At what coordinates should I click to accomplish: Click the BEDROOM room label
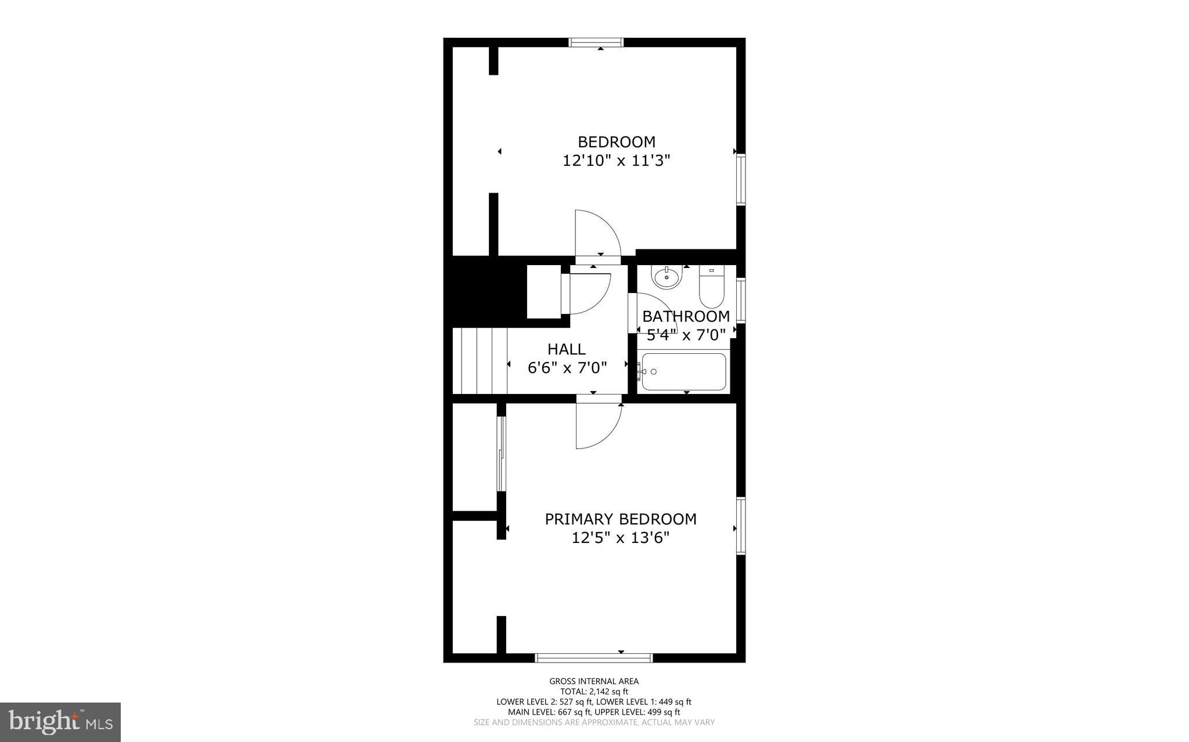pos(616,142)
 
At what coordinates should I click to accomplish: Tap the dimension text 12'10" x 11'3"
pos(616,161)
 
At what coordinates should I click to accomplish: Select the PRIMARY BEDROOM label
pos(620,519)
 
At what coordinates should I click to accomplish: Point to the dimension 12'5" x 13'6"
pos(620,538)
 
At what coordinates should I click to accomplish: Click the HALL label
pos(566,349)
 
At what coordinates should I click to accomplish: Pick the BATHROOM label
pos(686,317)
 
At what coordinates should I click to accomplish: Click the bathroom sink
pos(666,277)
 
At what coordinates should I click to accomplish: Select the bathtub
pos(684,372)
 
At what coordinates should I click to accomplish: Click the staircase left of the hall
pos(480,360)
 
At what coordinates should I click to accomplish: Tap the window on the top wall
pos(596,42)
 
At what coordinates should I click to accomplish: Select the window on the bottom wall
pos(593,657)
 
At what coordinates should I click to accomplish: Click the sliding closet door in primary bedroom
pos(502,454)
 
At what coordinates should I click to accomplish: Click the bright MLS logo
pos(60,722)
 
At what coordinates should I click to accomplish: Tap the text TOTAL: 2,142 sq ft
pos(594,692)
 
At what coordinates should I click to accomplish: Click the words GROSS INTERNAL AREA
pos(594,681)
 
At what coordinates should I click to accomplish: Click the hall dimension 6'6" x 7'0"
pos(567,368)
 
